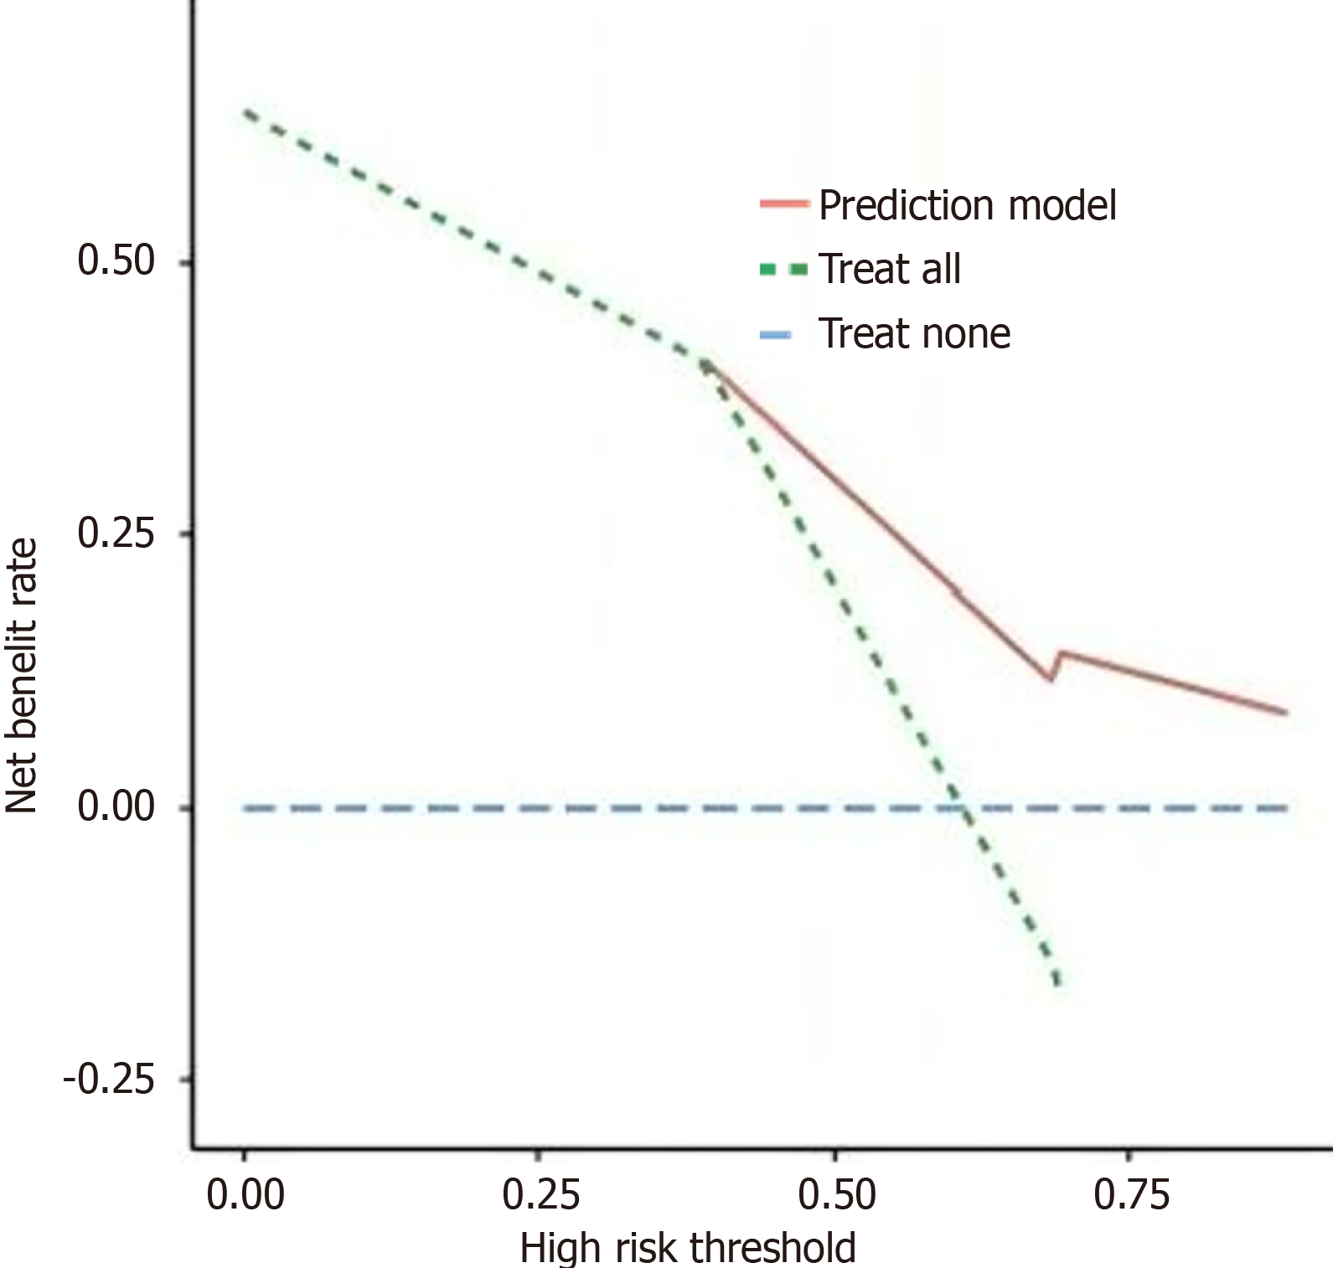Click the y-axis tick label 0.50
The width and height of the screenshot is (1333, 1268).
click(x=116, y=260)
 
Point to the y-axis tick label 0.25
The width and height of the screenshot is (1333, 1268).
click(x=116, y=533)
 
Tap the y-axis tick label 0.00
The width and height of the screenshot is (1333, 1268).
click(x=116, y=807)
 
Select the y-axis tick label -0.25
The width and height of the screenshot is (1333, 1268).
click(x=109, y=1080)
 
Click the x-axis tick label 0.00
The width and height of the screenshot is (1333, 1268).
click(x=245, y=1195)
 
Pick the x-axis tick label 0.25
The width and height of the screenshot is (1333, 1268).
click(x=540, y=1195)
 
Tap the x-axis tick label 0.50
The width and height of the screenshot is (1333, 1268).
click(x=836, y=1195)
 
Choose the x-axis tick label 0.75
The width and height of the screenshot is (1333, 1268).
click(x=1131, y=1195)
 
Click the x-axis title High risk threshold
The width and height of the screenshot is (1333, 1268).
click(x=688, y=1248)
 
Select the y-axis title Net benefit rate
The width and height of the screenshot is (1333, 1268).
click(x=22, y=675)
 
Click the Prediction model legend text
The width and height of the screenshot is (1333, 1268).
click(x=967, y=205)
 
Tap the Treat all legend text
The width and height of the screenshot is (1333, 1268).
click(x=889, y=270)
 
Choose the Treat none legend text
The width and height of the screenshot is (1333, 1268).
click(x=914, y=334)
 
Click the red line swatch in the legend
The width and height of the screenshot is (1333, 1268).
click(x=784, y=204)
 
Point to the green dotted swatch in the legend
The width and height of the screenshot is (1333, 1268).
click(x=784, y=270)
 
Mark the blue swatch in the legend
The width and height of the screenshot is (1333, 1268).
click(x=776, y=335)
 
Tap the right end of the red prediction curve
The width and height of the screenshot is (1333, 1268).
click(x=1285, y=713)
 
